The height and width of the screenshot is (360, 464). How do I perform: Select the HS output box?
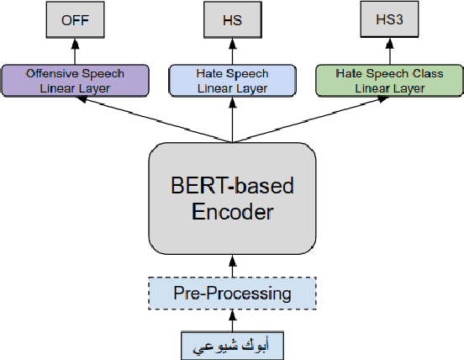(x=231, y=20)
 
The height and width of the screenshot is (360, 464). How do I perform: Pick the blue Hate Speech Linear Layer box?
(x=231, y=80)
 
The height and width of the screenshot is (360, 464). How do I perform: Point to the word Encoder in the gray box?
(x=232, y=212)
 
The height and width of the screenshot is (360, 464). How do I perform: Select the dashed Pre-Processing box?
(x=232, y=294)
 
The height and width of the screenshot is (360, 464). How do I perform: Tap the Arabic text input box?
(x=232, y=345)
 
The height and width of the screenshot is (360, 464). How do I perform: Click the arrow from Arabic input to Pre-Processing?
(x=232, y=320)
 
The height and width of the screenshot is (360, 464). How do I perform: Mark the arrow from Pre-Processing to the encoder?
(x=232, y=268)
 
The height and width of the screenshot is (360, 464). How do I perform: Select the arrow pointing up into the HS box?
(x=231, y=53)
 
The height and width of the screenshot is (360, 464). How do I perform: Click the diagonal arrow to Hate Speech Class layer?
(x=310, y=119)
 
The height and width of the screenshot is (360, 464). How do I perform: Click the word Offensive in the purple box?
(x=52, y=74)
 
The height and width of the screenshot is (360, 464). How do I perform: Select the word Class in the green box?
(x=430, y=74)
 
